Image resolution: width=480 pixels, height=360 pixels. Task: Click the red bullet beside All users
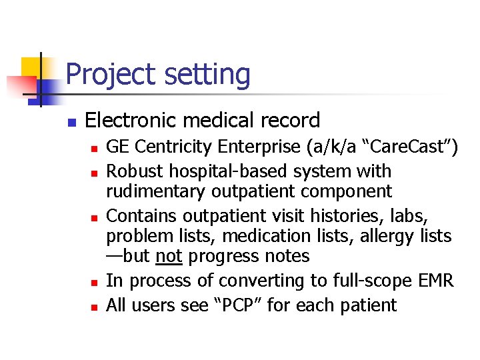(x=95, y=307)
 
